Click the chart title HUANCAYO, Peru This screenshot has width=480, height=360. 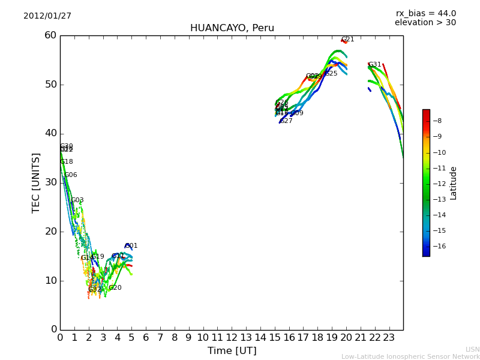point(232,28)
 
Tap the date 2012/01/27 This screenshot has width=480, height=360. point(47,16)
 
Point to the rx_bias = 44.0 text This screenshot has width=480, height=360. point(425,14)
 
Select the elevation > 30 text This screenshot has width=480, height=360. point(425,23)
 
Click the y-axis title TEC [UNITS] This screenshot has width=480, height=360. point(36,182)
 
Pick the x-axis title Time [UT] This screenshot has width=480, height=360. point(232,351)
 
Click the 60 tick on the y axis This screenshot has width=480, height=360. point(50,35)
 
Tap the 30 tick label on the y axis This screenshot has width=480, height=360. point(50,182)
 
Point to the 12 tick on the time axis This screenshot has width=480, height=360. point(232,338)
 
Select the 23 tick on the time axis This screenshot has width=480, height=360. point(389,338)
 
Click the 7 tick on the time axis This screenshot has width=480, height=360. point(160,338)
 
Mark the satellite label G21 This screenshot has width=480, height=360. point(348,40)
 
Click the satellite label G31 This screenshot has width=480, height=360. point(375,65)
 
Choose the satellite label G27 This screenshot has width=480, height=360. point(286,121)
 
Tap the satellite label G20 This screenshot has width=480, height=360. point(115,288)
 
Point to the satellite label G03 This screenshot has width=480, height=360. point(77,200)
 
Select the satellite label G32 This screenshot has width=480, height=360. point(95,290)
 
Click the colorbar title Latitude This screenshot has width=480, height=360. point(454,182)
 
